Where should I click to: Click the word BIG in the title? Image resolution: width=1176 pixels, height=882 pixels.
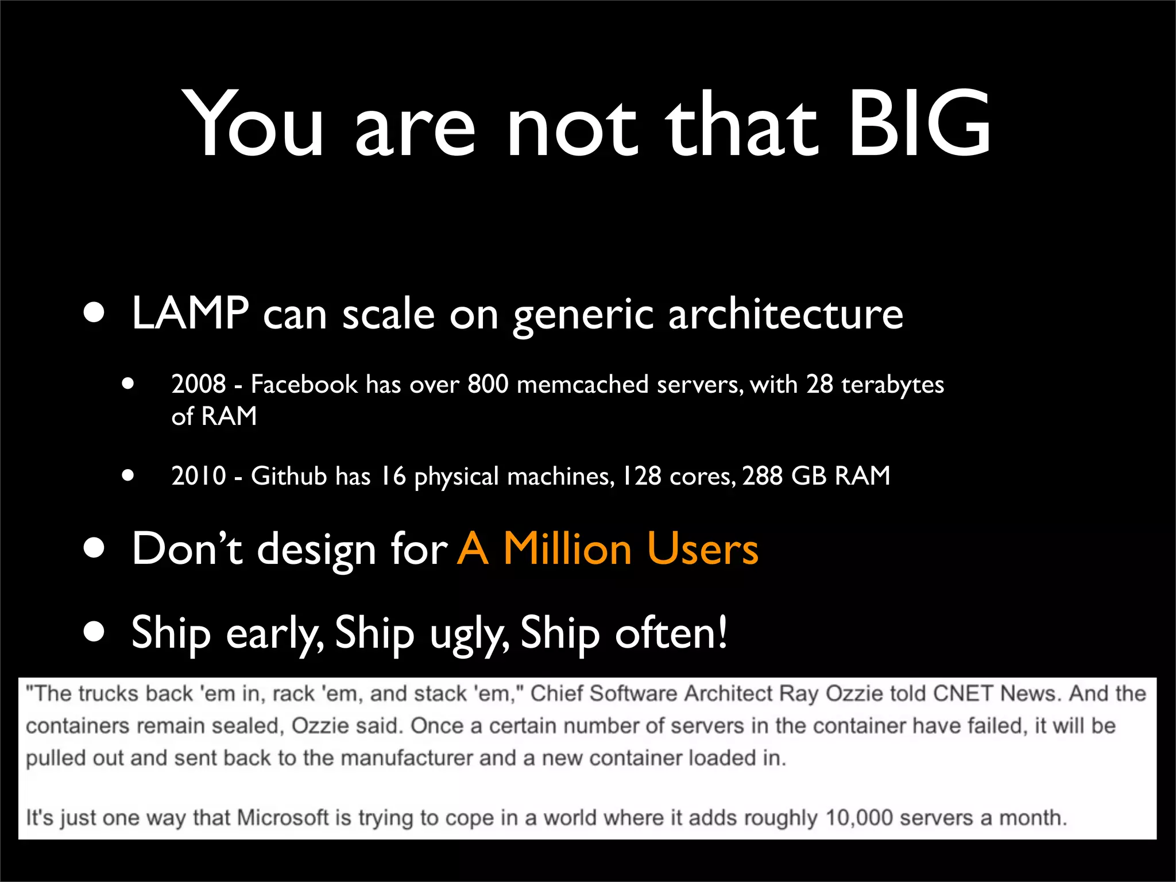point(919,123)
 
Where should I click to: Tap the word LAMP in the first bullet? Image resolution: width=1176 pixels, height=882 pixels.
point(190,314)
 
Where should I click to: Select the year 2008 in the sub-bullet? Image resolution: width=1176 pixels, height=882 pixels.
point(198,384)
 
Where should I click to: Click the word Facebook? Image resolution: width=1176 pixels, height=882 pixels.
point(304,384)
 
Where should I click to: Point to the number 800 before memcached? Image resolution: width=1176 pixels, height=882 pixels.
point(488,384)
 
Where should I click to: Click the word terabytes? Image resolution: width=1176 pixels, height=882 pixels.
point(892,385)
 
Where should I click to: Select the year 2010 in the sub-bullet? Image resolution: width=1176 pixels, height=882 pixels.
point(198,475)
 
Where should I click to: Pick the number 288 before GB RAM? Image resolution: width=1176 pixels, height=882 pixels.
point(762,475)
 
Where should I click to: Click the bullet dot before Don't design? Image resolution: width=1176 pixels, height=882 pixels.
point(94,548)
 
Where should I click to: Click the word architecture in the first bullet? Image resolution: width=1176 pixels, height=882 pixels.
point(786,314)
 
